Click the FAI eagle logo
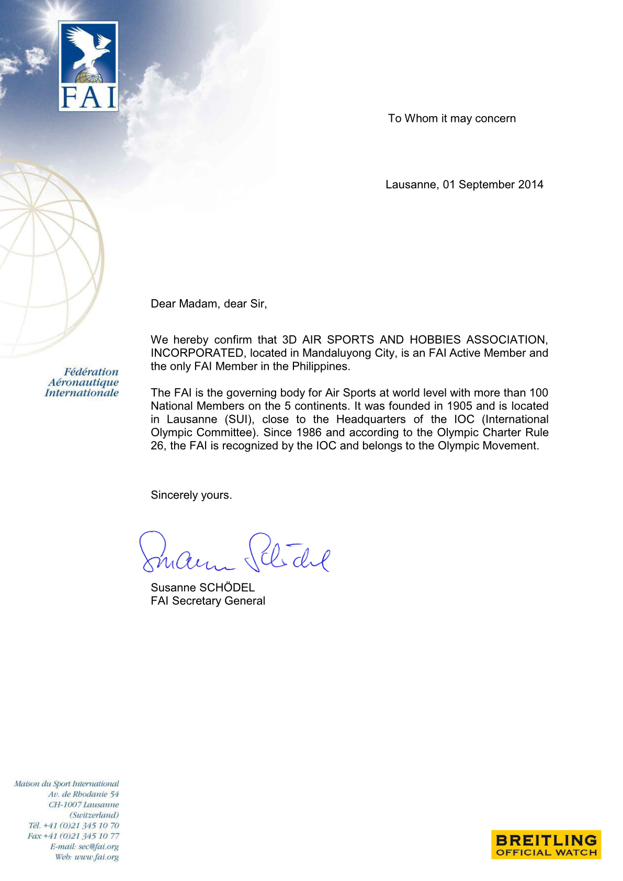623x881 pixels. [88, 66]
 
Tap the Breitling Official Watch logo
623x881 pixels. [546, 844]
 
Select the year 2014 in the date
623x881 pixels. [530, 185]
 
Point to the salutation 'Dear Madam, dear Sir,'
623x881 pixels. [209, 304]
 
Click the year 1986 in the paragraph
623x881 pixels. [309, 433]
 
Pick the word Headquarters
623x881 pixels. [371, 420]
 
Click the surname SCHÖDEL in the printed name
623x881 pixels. [227, 588]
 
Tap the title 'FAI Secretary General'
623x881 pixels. [208, 601]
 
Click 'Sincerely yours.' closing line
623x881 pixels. [191, 495]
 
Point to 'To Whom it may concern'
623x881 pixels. [451, 119]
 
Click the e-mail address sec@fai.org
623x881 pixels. [98, 846]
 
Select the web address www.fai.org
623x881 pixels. [96, 857]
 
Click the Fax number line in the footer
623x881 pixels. [73, 836]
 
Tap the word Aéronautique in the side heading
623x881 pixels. [84, 382]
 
